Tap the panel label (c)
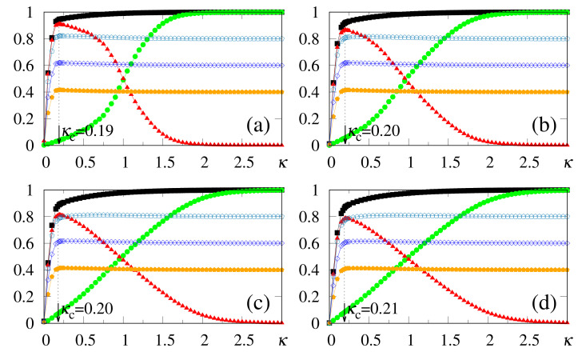tap(259, 305)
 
